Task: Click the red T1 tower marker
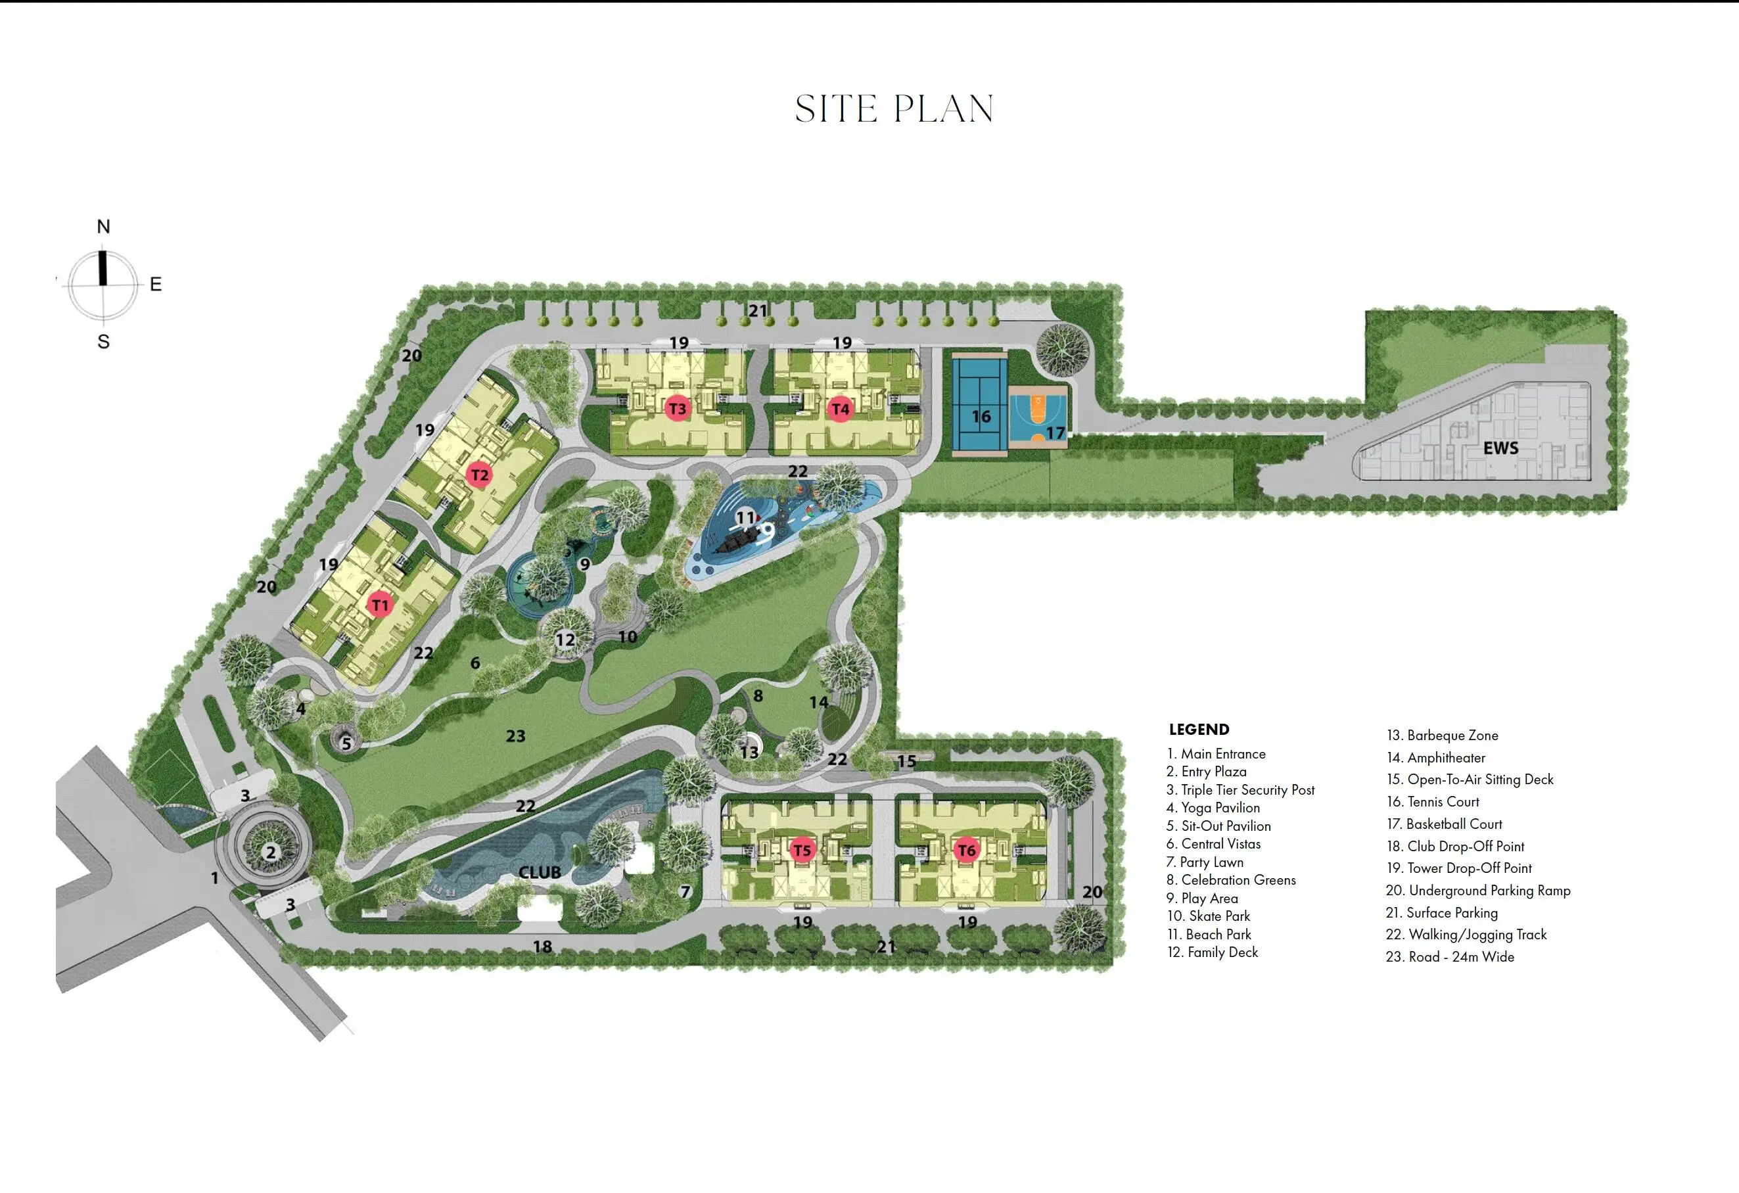(380, 605)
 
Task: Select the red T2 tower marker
(479, 475)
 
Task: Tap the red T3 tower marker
(677, 409)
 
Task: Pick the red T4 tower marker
(841, 409)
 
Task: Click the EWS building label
(1500, 448)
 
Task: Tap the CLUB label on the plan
(540, 873)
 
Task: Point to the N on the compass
(103, 226)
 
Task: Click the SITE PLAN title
(894, 109)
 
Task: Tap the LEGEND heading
(1199, 729)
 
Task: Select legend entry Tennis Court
(1432, 801)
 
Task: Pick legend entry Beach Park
(1209, 934)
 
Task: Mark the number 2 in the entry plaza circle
(271, 852)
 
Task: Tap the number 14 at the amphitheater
(819, 702)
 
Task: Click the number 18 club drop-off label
(542, 947)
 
